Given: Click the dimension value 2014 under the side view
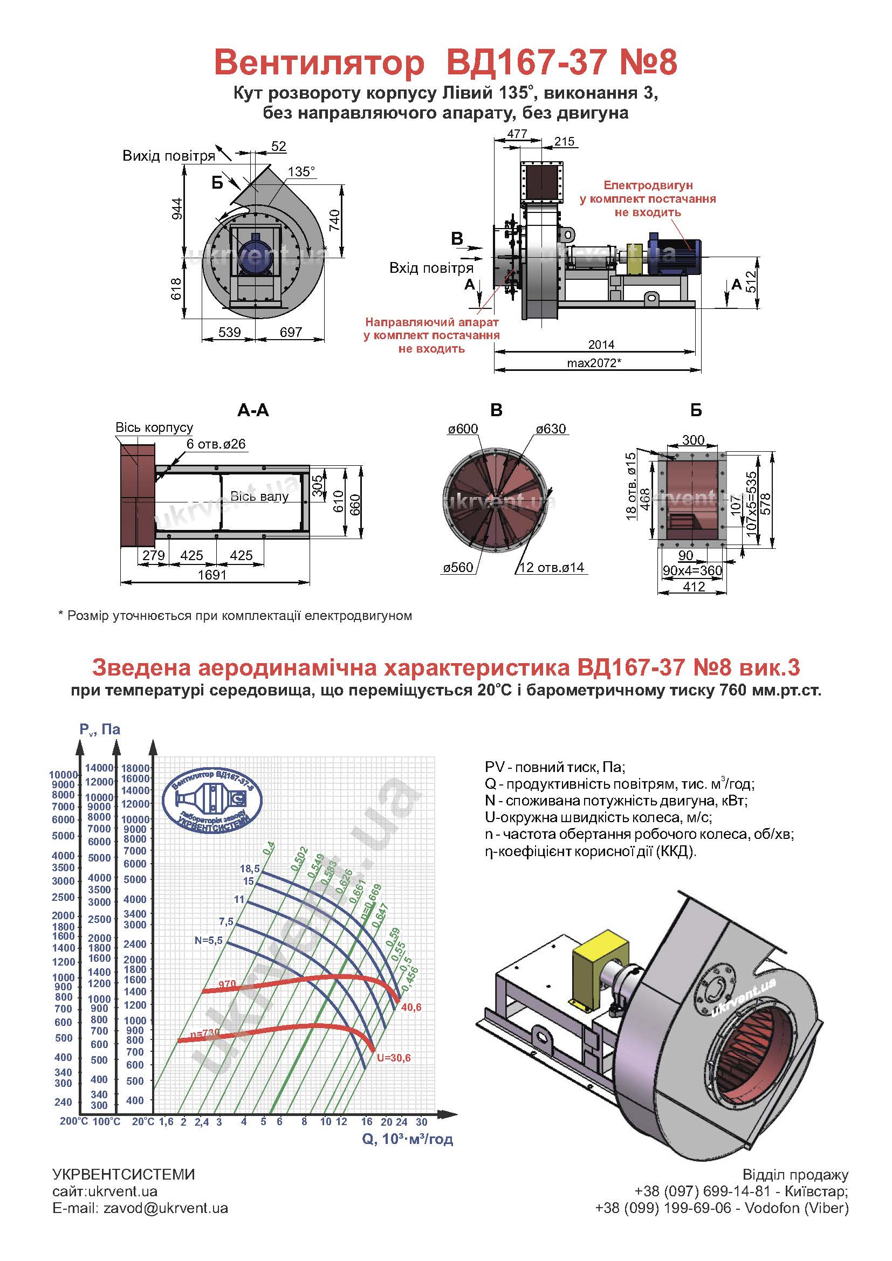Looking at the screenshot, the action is click(601, 345).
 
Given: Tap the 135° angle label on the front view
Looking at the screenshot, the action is click(301, 171).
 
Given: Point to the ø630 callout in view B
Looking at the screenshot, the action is click(551, 429).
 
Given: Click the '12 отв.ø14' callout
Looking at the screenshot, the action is click(552, 568).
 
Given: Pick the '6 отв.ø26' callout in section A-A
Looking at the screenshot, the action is click(216, 444).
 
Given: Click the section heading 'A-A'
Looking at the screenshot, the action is click(253, 410).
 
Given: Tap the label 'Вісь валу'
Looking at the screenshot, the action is click(259, 497).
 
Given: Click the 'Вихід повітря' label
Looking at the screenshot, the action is click(169, 156).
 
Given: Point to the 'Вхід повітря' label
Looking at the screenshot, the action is click(432, 268).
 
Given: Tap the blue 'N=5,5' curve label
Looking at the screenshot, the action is click(208, 940).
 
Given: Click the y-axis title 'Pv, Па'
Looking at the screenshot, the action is click(100, 729).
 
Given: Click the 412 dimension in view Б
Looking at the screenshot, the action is click(694, 587).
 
